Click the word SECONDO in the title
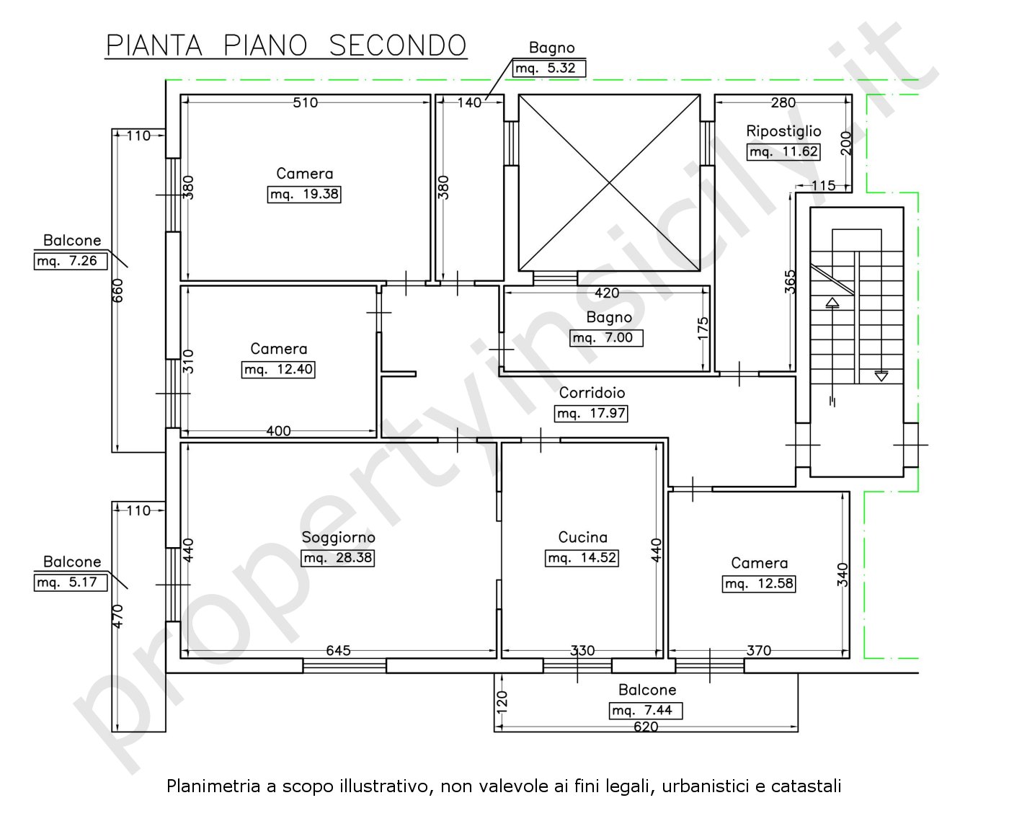[397, 45]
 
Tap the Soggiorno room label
[338, 537]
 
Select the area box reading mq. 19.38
[304, 194]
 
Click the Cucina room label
[582, 537]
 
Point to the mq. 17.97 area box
[591, 413]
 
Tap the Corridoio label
[592, 392]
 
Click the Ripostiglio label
[783, 130]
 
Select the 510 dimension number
[305, 102]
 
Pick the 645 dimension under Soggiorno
[338, 650]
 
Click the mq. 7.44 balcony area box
[646, 710]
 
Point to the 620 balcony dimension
[646, 727]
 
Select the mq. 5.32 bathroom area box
[549, 68]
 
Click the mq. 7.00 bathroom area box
[606, 338]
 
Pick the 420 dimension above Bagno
[607, 293]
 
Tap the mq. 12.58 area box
[759, 583]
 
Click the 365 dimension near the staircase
[790, 281]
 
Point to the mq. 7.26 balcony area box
[71, 261]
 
